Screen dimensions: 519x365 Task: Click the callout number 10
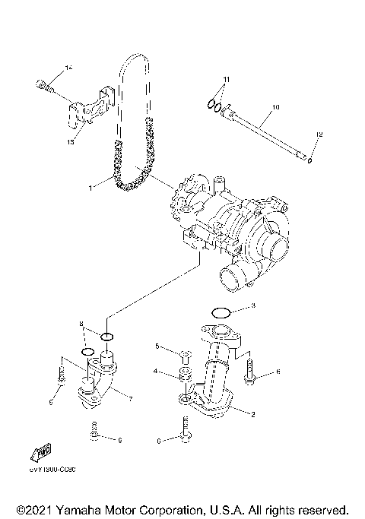point(275,109)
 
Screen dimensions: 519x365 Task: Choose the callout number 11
point(225,80)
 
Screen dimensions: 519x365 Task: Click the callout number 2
point(253,415)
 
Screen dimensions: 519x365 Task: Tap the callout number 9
point(119,440)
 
